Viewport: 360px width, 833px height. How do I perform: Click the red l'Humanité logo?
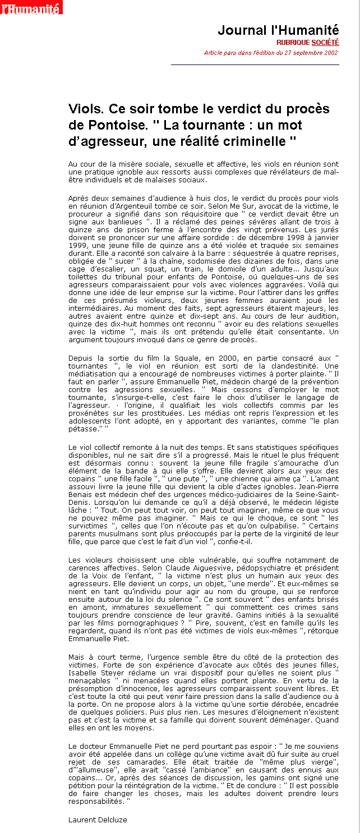[31, 7]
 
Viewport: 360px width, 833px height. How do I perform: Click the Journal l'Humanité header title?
[278, 30]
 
